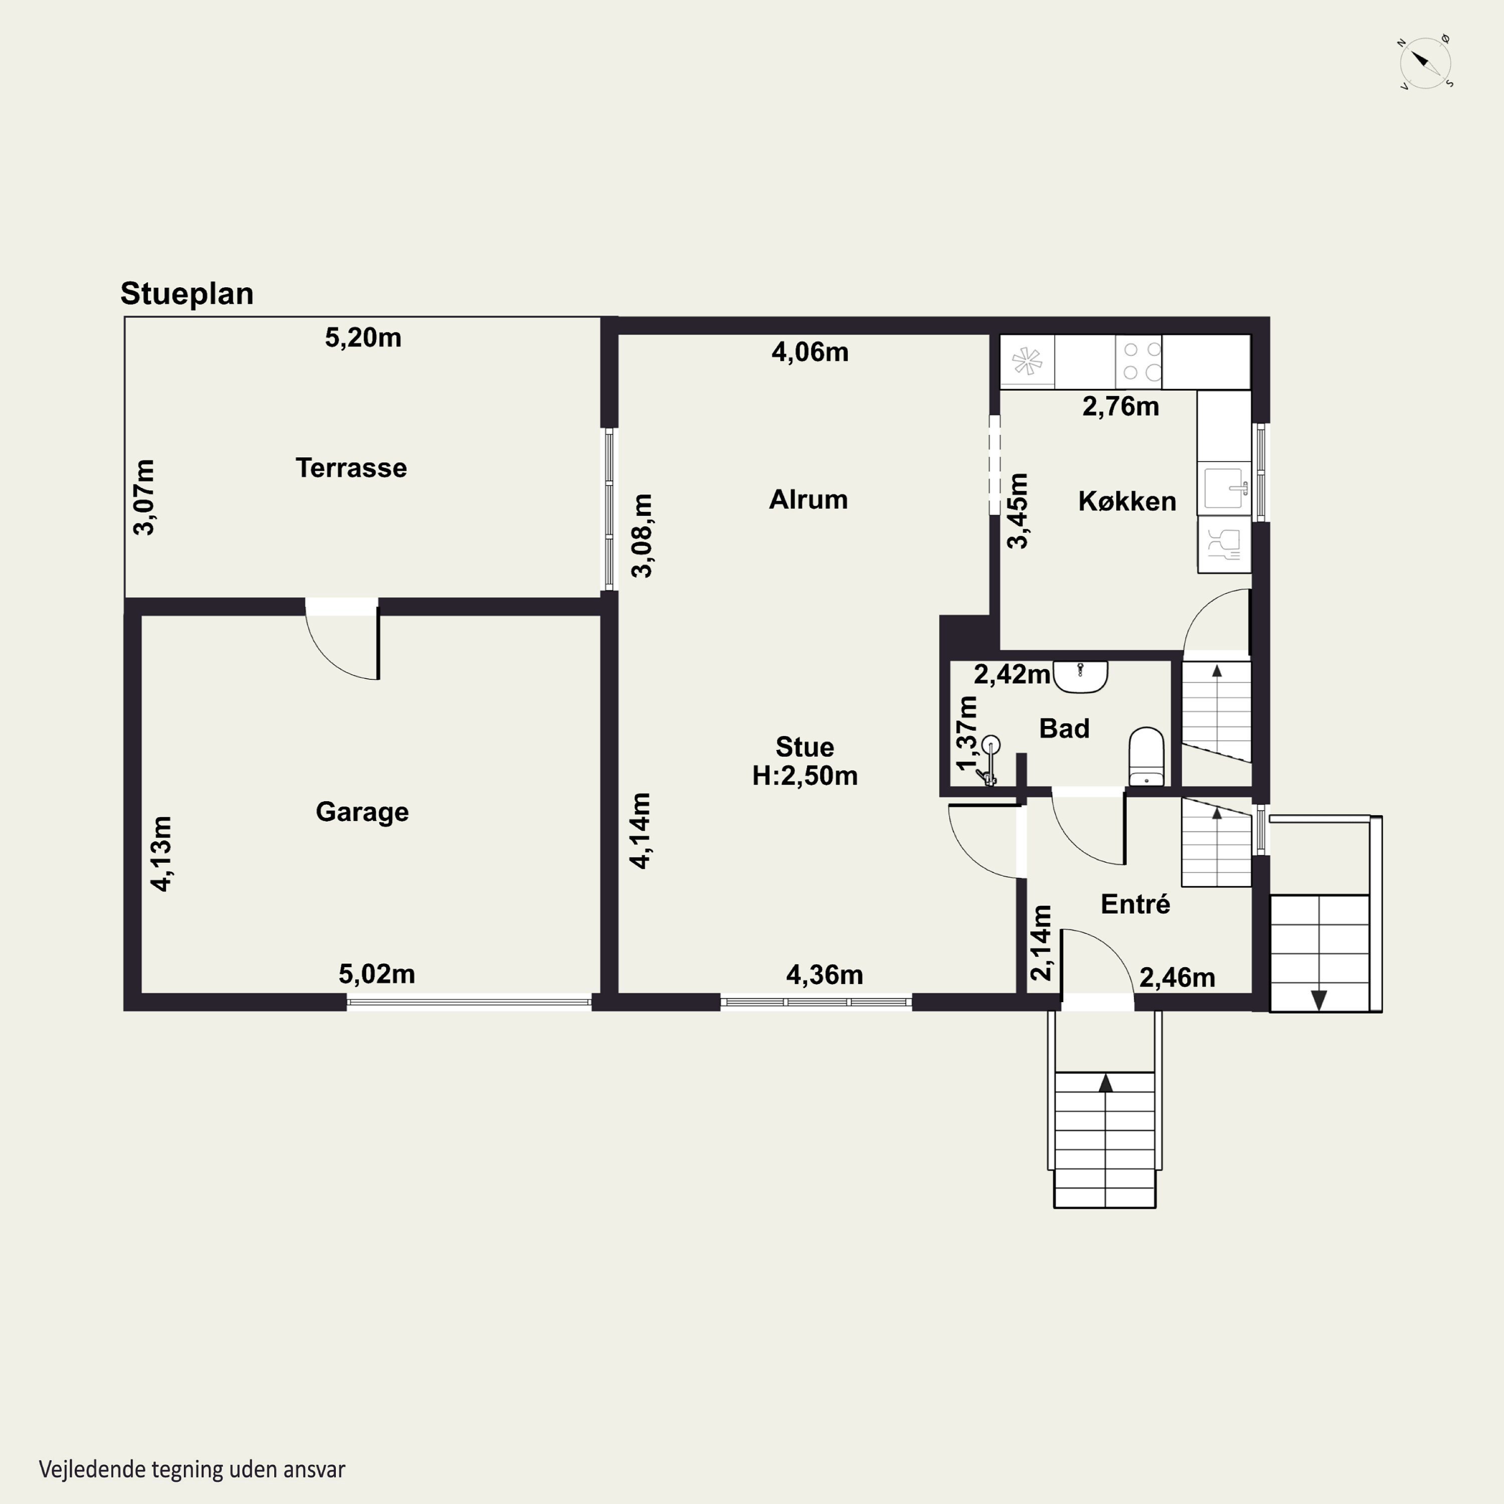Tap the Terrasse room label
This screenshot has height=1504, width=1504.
click(351, 468)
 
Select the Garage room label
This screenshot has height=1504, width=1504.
click(362, 812)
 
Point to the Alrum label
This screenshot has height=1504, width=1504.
click(808, 499)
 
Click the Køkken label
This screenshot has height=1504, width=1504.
click(1126, 501)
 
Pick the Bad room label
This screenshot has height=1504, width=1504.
click(1064, 728)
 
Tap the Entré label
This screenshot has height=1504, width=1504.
click(1135, 904)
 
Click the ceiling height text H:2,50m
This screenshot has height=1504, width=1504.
click(805, 776)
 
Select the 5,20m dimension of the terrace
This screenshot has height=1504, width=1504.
click(363, 338)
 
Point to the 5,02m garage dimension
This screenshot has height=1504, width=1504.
click(377, 974)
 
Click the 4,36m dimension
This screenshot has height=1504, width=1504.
click(824, 975)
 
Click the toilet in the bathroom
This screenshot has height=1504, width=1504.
click(1146, 757)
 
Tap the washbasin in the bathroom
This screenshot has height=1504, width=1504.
click(1080, 676)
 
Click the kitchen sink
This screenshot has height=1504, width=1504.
click(1225, 487)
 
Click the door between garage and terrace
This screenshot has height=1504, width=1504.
click(342, 639)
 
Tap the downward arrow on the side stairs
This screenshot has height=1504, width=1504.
click(1319, 1000)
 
